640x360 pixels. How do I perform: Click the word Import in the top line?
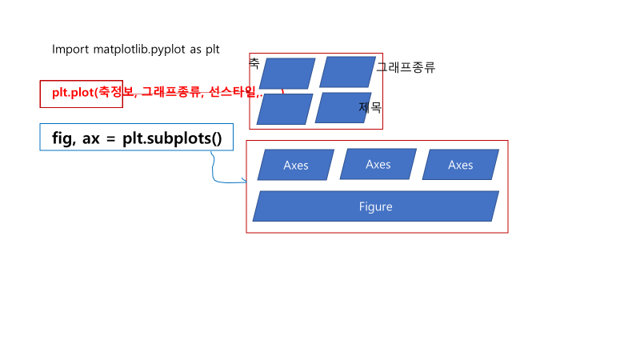click(x=70, y=50)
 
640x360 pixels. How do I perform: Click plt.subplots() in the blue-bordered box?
click(x=172, y=138)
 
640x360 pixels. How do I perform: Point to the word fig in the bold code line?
click(x=62, y=138)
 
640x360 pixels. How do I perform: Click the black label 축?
click(x=254, y=62)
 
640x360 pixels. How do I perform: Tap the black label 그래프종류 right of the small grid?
click(x=406, y=68)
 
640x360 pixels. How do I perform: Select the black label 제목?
click(x=370, y=106)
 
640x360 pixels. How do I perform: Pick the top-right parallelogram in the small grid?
click(x=347, y=72)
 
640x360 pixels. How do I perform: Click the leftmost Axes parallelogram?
click(x=296, y=166)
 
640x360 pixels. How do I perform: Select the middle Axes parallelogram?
click(x=378, y=164)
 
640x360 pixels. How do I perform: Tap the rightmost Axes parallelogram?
click(x=460, y=165)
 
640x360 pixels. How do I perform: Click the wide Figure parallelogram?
click(x=376, y=206)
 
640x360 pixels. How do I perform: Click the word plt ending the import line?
click(x=212, y=50)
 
